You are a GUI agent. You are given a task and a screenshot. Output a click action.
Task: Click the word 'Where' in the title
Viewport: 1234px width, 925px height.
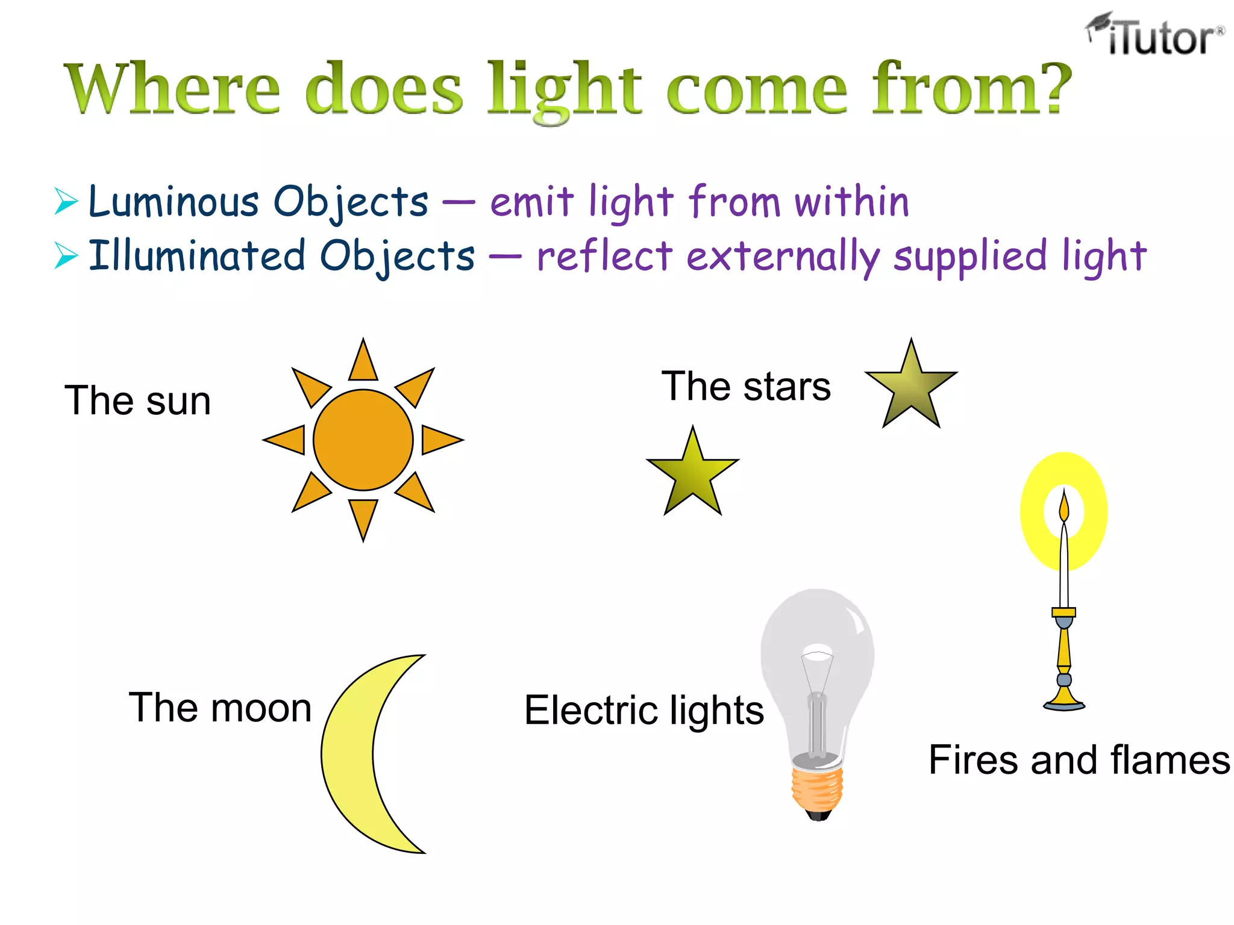[x=172, y=89]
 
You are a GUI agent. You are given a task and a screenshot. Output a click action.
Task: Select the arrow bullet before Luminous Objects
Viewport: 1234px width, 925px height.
[x=66, y=201]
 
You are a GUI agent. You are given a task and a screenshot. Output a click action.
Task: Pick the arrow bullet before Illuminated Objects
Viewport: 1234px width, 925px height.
[x=66, y=255]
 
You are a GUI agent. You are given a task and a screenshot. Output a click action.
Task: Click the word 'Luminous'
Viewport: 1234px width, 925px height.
[x=174, y=201]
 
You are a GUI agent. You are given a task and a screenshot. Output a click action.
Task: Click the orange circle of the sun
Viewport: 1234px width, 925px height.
[x=363, y=440]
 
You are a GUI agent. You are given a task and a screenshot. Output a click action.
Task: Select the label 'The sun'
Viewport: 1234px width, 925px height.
[x=138, y=400]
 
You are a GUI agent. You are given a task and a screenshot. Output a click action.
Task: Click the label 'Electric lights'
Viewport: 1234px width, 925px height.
[x=644, y=710]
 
